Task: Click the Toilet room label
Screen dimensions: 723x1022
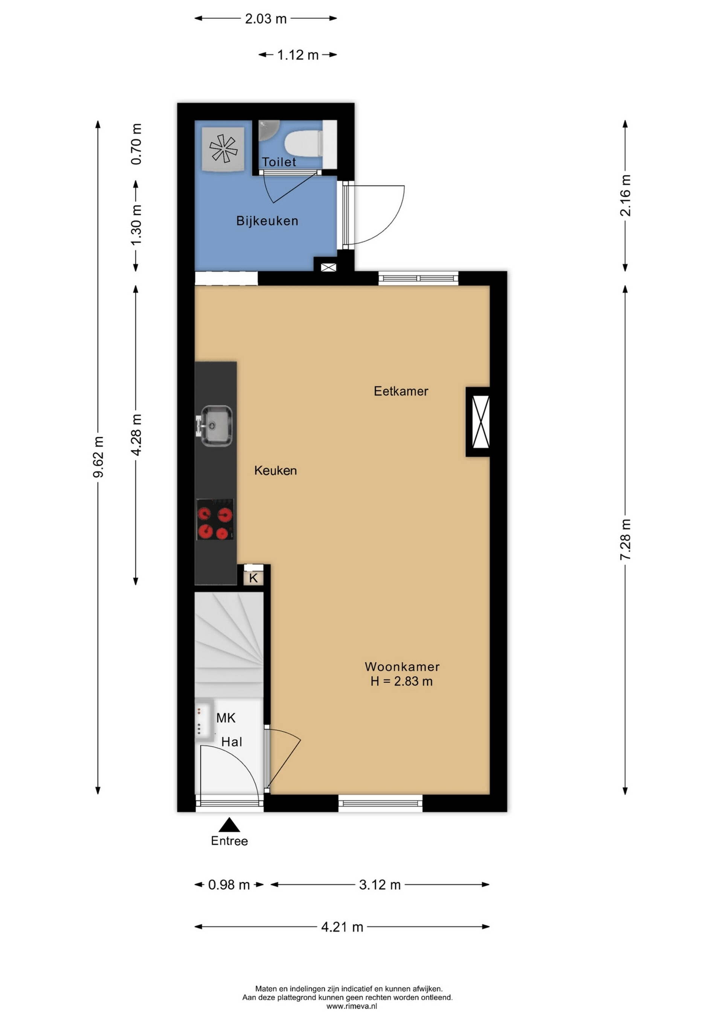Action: (x=279, y=162)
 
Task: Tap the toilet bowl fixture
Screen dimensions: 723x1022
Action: (x=304, y=143)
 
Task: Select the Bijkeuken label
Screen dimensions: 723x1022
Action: (x=267, y=221)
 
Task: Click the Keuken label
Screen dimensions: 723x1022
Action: (x=276, y=470)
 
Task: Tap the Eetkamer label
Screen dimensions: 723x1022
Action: (x=401, y=391)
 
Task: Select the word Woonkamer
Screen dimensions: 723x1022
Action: (x=402, y=667)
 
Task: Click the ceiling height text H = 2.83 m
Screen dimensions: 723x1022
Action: (x=401, y=682)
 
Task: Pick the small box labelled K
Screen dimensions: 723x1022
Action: (x=253, y=578)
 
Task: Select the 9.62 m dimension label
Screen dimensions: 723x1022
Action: (x=98, y=457)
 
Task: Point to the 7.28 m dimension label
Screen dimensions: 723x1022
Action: (x=625, y=540)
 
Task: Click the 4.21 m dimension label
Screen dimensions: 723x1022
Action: (x=342, y=927)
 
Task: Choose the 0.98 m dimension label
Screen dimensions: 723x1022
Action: (x=229, y=885)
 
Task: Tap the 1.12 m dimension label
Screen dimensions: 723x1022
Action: (x=298, y=55)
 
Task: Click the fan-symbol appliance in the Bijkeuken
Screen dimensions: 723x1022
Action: (x=223, y=149)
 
